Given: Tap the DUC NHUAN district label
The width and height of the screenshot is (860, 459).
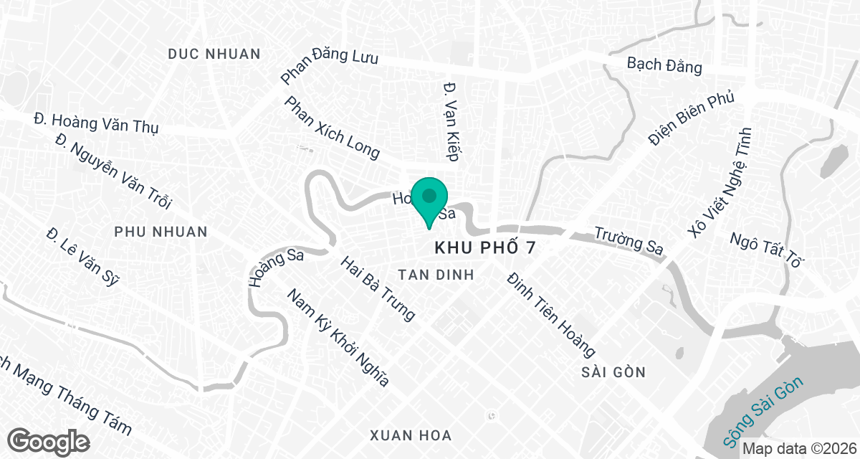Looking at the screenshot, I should coord(214,54).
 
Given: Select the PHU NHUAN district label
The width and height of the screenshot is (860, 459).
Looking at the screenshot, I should coord(161,232).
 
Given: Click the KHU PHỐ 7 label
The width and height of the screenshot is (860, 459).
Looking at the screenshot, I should coord(485,247).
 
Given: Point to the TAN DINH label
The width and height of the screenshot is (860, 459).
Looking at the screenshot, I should coord(436,274).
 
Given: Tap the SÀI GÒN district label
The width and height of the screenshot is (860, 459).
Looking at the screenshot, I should coord(613,372).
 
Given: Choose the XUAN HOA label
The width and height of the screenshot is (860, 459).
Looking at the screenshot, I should coord(411,435).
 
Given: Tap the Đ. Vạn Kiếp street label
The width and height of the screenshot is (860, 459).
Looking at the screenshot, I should coord(451,123).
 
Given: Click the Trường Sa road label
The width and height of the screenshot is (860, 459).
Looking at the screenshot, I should coord(629,240).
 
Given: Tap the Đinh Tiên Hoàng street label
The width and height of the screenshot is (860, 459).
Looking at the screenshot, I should coord(550,314).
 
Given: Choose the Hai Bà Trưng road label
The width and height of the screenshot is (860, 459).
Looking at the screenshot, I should coord(378,288).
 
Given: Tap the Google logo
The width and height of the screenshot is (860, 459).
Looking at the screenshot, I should coord(48,441).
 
